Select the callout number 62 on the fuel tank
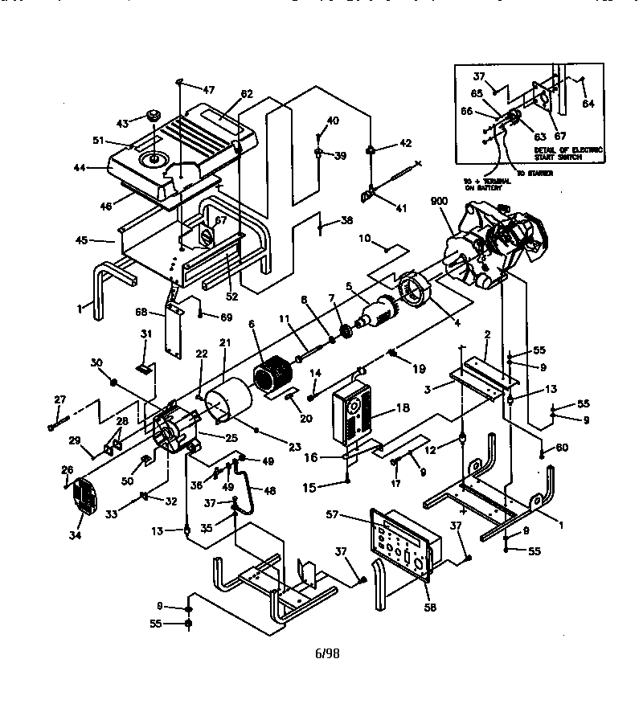246,94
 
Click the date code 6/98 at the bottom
327,654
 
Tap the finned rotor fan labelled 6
274,377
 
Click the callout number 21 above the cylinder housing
225,343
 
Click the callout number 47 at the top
208,90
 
